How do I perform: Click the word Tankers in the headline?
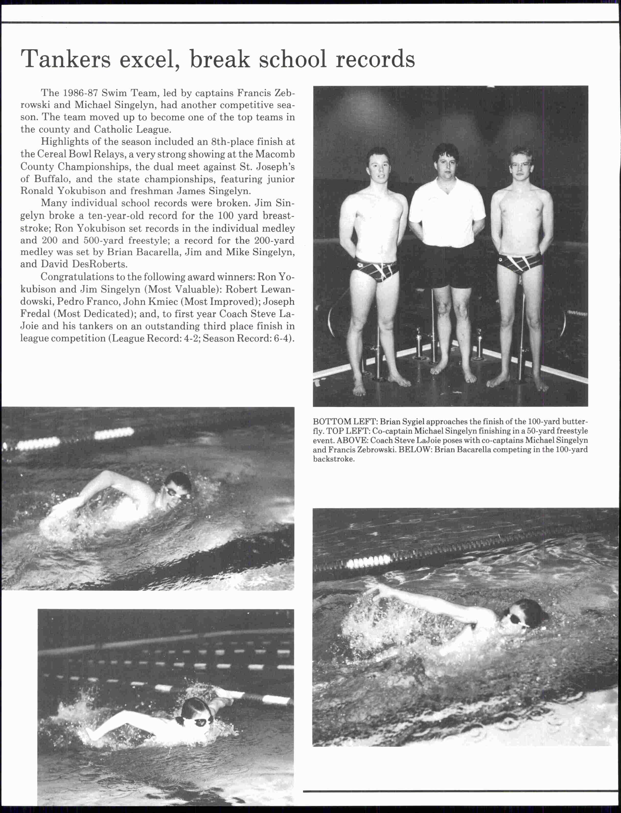tap(66, 59)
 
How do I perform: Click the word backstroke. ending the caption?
tap(333, 459)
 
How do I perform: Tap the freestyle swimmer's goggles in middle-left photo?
tap(174, 493)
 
